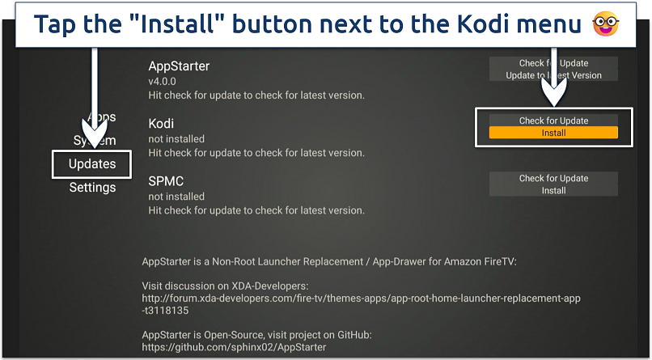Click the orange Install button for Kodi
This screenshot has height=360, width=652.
[x=553, y=133]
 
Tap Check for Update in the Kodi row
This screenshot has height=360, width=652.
[x=553, y=121]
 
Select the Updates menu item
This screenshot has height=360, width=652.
[x=92, y=164]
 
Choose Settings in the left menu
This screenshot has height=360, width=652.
[x=92, y=188]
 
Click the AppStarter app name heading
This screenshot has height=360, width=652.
[x=179, y=66]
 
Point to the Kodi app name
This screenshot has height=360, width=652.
[x=161, y=124]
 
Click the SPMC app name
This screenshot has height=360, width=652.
[x=166, y=181]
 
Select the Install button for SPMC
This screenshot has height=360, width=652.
[x=553, y=191]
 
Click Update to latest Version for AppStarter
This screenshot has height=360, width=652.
[x=553, y=75]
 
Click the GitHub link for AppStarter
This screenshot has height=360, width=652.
[x=234, y=347]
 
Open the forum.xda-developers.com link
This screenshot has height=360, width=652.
[x=360, y=299]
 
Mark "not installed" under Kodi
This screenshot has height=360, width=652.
[x=176, y=138]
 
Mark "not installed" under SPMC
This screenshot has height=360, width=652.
[x=176, y=196]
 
